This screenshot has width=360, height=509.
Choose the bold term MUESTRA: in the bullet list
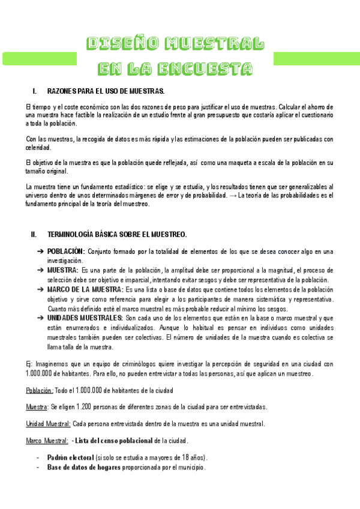pos(62,270)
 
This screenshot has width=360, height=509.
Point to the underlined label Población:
pos(40,390)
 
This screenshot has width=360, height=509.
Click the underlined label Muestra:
pos(37,407)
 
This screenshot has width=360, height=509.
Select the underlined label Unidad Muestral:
pos(48,424)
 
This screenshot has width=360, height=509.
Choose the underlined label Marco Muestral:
pos(47,441)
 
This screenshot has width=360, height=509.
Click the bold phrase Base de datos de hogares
pos(83,467)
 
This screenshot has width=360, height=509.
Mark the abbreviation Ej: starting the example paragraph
pos(29,364)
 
